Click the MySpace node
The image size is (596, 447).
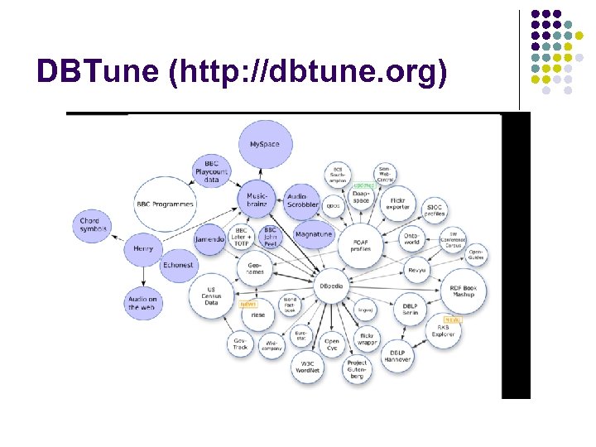click(x=264, y=145)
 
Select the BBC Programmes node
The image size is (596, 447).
click(x=165, y=204)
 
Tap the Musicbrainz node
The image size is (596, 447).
click(x=257, y=199)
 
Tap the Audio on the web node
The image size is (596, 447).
click(x=142, y=303)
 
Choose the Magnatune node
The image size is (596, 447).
click(x=313, y=234)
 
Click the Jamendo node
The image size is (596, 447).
click(x=209, y=239)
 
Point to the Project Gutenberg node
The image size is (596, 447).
click(x=357, y=369)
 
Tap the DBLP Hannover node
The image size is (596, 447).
click(x=397, y=355)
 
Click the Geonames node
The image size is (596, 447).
click(x=256, y=268)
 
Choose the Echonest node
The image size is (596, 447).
click(x=177, y=265)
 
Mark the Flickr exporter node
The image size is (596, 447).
click(x=397, y=202)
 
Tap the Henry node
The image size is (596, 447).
click(x=142, y=248)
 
